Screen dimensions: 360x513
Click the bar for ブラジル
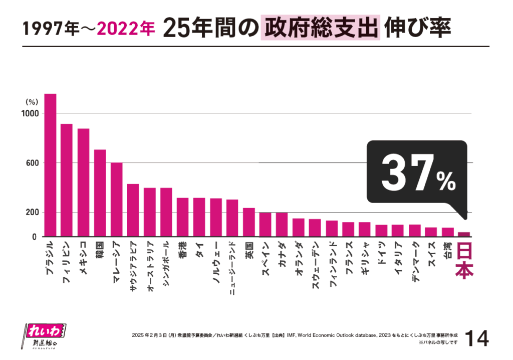point(50,165)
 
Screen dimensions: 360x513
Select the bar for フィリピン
point(67,180)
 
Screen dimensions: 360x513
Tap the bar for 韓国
point(100,193)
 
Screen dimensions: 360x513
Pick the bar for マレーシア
point(116,200)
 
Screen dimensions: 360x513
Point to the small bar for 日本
point(464,234)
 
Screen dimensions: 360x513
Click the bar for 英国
point(249,222)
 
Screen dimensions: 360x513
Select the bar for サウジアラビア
point(133,210)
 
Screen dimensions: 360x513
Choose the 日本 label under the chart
point(464,260)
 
